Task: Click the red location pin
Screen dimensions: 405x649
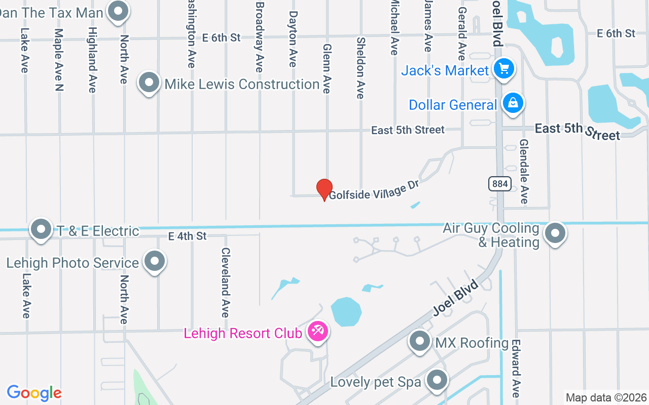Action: coord(324,189)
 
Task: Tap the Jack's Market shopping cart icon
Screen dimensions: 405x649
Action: coord(504,69)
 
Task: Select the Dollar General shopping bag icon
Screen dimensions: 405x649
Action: coord(513,104)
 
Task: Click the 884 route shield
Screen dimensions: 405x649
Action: coord(500,184)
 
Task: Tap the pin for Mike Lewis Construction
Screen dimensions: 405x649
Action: coord(149,83)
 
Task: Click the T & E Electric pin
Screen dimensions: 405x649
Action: coord(41,230)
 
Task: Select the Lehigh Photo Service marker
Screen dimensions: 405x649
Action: coord(155,262)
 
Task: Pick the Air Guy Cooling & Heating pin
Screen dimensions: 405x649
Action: coord(555,233)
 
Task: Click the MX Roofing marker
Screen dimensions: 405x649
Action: coord(420,341)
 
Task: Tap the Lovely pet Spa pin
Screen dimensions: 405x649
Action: coord(437,380)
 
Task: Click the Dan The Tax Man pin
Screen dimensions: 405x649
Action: coord(119,11)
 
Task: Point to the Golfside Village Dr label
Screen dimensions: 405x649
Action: coord(374,189)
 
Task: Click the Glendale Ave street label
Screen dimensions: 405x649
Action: coord(524,172)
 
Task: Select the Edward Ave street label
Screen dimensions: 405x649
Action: coord(516,368)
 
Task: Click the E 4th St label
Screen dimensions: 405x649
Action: coord(188,236)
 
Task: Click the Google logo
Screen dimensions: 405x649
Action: coord(34,393)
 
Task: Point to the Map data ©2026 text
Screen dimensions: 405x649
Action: coord(606,397)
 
